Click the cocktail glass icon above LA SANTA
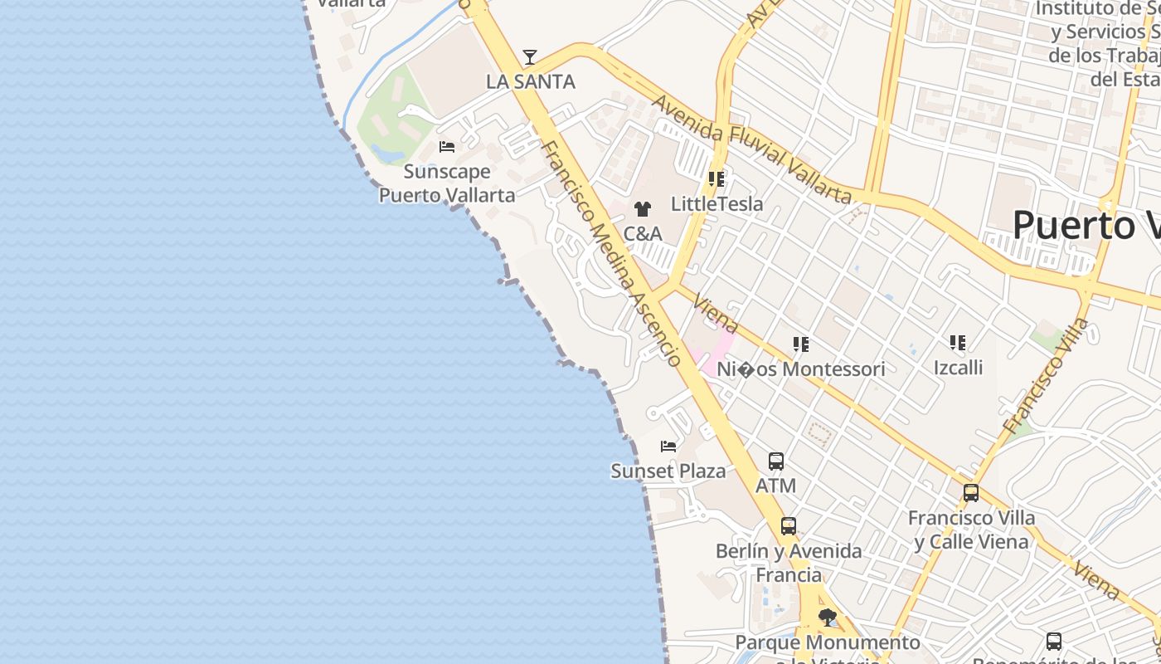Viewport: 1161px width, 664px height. pos(529,57)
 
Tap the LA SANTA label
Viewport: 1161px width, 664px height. pos(531,82)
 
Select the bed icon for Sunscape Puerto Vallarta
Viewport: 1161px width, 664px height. pos(447,147)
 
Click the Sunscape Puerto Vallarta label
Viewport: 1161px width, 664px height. pos(447,183)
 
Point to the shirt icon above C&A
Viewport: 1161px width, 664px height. pos(643,209)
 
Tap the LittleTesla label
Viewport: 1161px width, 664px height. pos(717,204)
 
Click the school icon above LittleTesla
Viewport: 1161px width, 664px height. pos(717,179)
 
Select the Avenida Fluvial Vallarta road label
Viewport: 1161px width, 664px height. pos(751,149)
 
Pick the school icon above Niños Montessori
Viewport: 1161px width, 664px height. pos(800,344)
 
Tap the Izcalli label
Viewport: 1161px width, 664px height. pos(958,368)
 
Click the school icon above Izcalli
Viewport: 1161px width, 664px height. pos(958,342)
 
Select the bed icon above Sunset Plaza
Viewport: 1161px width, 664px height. pos(668,447)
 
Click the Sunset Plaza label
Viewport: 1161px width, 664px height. pos(668,471)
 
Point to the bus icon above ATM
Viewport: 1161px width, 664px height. pos(776,461)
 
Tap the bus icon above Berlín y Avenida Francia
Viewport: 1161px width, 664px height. pos(788,526)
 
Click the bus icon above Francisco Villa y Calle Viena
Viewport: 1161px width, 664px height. pos(971,493)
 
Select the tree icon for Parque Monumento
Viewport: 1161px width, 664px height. pos(827,618)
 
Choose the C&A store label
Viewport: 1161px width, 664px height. pos(643,234)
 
